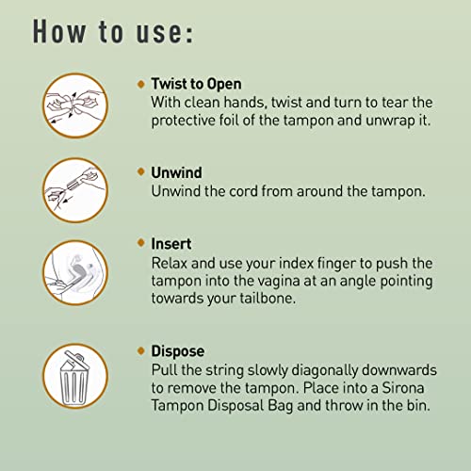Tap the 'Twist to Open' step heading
click(x=196, y=84)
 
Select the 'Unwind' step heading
click(x=177, y=172)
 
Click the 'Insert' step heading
click(x=171, y=244)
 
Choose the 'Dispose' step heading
click(x=177, y=351)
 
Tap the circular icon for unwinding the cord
click(x=75, y=190)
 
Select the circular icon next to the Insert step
click(x=75, y=272)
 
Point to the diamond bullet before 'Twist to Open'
click(x=140, y=84)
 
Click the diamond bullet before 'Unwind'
click(x=140, y=172)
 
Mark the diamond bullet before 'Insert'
click(x=140, y=244)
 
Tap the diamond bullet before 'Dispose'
click(x=140, y=351)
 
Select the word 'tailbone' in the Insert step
click(x=272, y=297)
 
